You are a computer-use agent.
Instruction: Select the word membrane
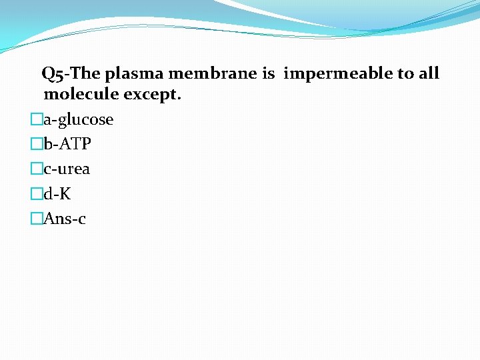coord(210,74)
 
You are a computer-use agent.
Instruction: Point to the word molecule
coord(81,95)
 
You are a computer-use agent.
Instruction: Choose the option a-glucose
coord(78,120)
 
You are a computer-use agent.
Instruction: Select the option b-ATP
coord(67,145)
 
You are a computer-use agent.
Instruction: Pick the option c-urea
coord(67,169)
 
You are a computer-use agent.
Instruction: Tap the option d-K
coord(57,194)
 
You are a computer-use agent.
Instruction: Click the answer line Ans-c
coord(64,219)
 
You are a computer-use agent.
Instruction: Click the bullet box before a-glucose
coord(37,120)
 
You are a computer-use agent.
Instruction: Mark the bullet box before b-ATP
coord(37,145)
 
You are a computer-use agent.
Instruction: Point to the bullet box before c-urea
coord(37,169)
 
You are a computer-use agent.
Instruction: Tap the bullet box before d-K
coord(37,194)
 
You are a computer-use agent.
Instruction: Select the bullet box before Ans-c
coord(37,219)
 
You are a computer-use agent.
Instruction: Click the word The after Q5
coord(87,74)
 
